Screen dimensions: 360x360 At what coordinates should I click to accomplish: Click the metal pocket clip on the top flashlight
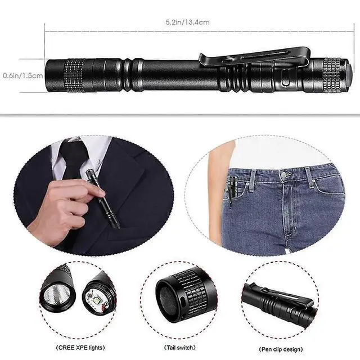pyautogui.click(x=253, y=57)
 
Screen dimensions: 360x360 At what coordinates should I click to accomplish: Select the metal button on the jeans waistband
pyautogui.click(x=285, y=175)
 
